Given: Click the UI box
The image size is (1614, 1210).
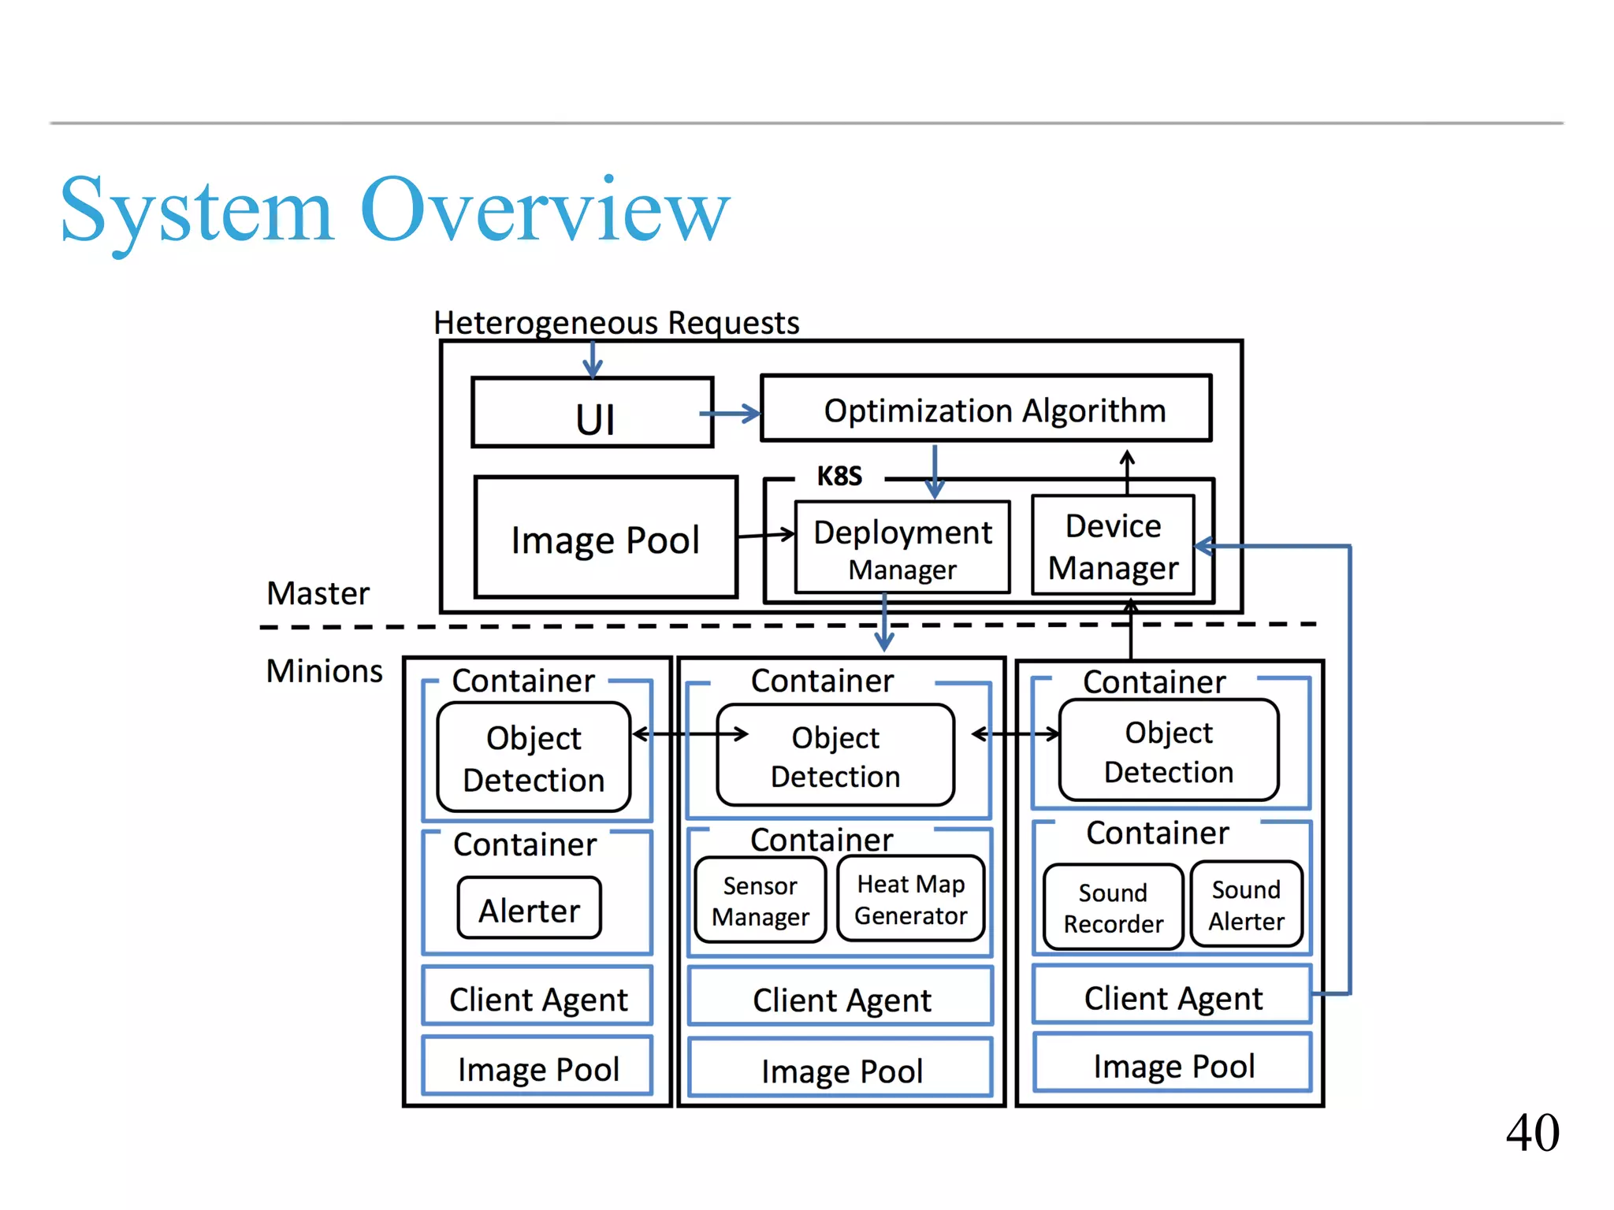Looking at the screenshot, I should point(593,413).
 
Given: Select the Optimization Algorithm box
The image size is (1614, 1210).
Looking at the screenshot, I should point(985,409).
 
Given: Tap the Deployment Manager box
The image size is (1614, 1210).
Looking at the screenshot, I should point(902,547).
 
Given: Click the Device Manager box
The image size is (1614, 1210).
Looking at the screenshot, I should point(1113,546).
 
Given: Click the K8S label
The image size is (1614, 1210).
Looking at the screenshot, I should point(839,477).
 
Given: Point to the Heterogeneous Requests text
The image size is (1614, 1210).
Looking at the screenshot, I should point(616,322).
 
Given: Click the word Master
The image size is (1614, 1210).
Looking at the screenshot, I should point(318,593).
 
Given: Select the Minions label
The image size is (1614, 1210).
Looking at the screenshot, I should point(324,671).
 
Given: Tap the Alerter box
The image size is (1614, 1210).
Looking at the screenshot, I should point(529,909).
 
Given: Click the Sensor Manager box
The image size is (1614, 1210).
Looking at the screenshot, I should point(761,901).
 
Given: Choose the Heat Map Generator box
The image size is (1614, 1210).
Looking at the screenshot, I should point(910,900).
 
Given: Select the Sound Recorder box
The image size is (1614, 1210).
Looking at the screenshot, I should point(1113,907).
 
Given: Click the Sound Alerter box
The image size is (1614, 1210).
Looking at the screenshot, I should point(1246,905).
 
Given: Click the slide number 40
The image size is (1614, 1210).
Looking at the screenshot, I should point(1532,1132).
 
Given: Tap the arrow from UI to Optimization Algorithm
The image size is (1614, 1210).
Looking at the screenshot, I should point(730,413).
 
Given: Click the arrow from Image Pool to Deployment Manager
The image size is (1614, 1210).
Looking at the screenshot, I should point(765,535).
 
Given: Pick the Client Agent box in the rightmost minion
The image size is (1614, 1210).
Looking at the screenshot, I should point(1173,997).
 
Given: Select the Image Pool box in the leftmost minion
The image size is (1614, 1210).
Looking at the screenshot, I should point(538,1068).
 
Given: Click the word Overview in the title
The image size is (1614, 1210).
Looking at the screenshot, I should point(545,210).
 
